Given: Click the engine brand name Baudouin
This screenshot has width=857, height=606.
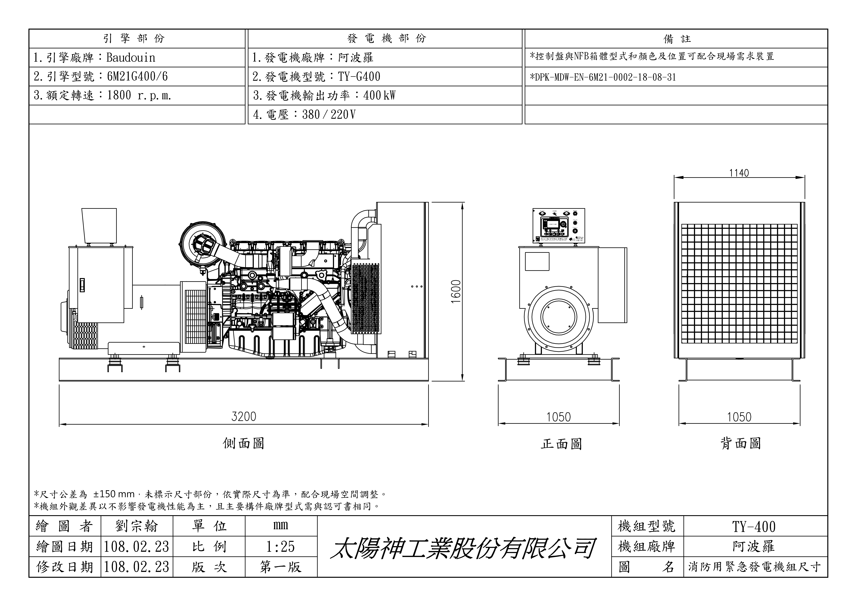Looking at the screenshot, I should (131, 58).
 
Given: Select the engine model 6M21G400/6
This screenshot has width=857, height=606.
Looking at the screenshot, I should (137, 77).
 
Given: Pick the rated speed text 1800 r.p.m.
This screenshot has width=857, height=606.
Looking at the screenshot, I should (139, 96).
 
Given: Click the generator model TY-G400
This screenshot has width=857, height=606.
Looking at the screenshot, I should (359, 77).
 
